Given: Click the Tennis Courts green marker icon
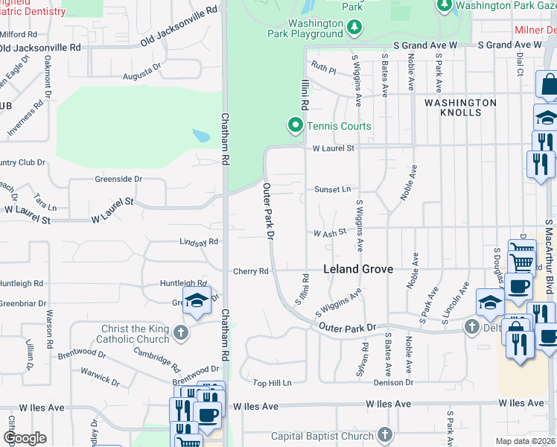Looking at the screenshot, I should click(295, 126).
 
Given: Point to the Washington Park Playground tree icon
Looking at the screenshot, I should click(355, 28).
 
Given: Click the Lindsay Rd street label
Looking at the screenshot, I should click(199, 241).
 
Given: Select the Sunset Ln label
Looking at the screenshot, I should click(331, 190).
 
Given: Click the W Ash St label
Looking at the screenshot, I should click(330, 232).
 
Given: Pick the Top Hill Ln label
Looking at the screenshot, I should click(271, 382).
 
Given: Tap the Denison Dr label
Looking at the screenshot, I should click(393, 382).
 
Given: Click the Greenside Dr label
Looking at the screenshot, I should click(118, 179).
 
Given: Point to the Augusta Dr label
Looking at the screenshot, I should click(142, 71).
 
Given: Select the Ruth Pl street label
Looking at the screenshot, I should click(324, 68).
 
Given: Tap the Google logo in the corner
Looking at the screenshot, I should click(25, 438).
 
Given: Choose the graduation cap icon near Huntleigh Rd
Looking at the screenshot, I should click(197, 300).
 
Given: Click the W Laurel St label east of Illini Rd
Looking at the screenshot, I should click(334, 148).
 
